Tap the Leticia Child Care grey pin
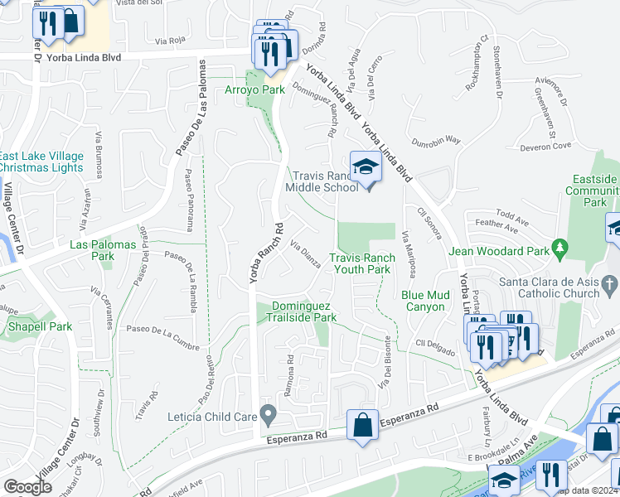(268, 413)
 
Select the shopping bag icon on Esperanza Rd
(362, 426)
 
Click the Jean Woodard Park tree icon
(560, 247)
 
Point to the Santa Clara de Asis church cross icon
(609, 286)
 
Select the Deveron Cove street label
(545, 146)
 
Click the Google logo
(27, 486)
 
